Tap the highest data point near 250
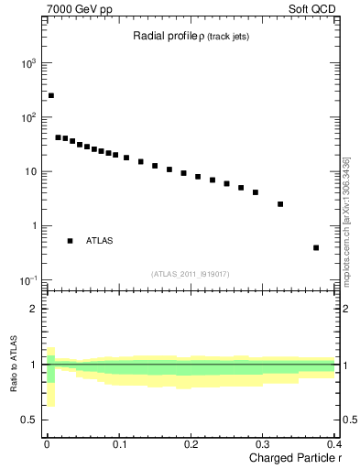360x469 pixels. click(51, 95)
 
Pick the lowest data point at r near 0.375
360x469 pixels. click(316, 247)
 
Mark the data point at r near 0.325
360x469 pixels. click(280, 204)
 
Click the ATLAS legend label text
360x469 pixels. click(100, 241)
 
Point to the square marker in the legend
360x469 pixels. click(70, 241)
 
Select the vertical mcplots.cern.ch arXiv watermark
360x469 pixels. click(346, 220)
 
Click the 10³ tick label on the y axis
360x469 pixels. click(28, 64)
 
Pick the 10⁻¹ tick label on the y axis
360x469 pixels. click(28, 280)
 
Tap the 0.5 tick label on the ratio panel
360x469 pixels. click(30, 420)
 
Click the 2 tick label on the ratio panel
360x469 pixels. click(35, 309)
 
